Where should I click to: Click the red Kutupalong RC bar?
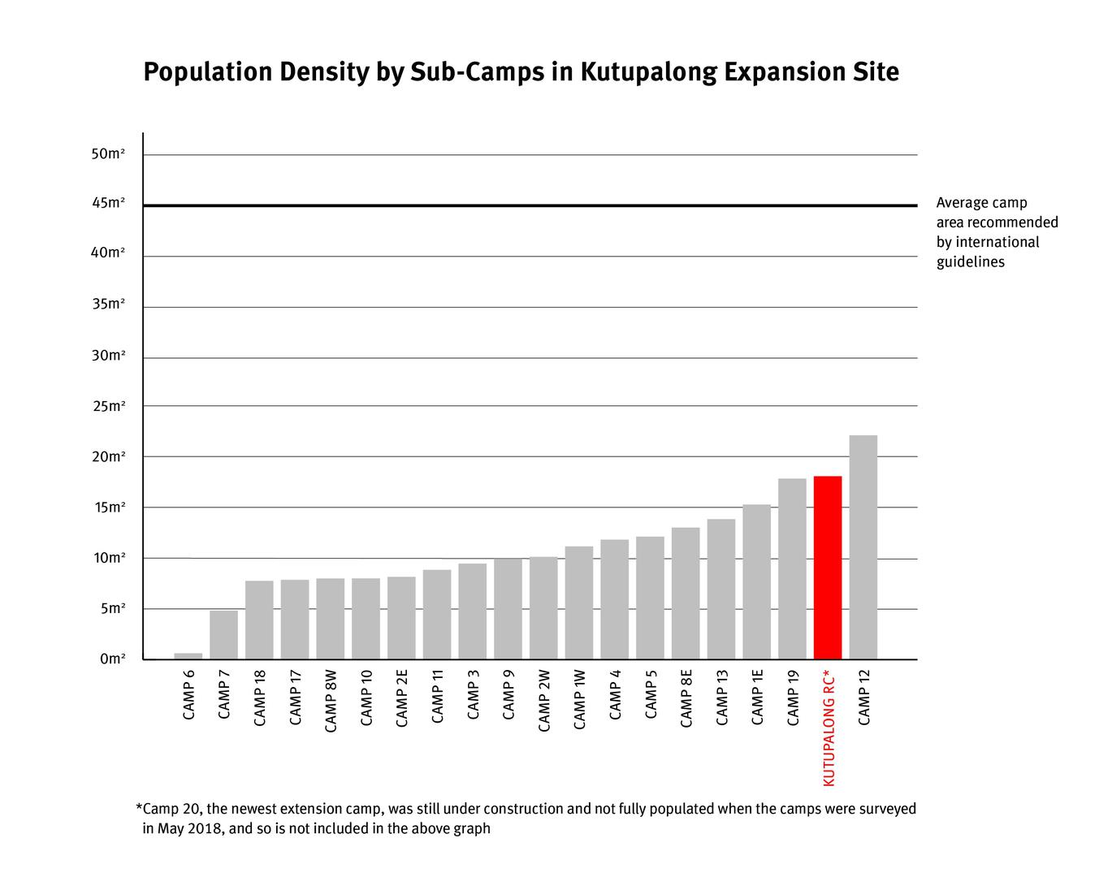[x=827, y=568]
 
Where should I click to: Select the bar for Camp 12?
[x=863, y=547]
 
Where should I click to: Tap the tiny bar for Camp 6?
[x=188, y=656]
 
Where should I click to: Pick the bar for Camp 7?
[x=223, y=634]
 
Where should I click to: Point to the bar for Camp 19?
[x=792, y=568]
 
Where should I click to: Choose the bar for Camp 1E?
[x=756, y=581]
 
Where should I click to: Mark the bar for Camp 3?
[x=472, y=611]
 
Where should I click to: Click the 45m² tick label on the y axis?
[x=108, y=203]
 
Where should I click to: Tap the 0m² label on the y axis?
[x=112, y=659]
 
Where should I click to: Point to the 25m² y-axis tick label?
[x=108, y=406]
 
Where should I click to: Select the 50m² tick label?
[x=108, y=153]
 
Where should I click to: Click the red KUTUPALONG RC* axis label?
[x=829, y=728]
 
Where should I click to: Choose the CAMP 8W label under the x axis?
[x=331, y=702]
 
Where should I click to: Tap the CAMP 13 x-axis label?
[x=721, y=698]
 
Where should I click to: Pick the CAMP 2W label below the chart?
[x=544, y=701]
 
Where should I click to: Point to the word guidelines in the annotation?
[x=970, y=261]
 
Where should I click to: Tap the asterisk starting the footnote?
[x=139, y=808]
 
